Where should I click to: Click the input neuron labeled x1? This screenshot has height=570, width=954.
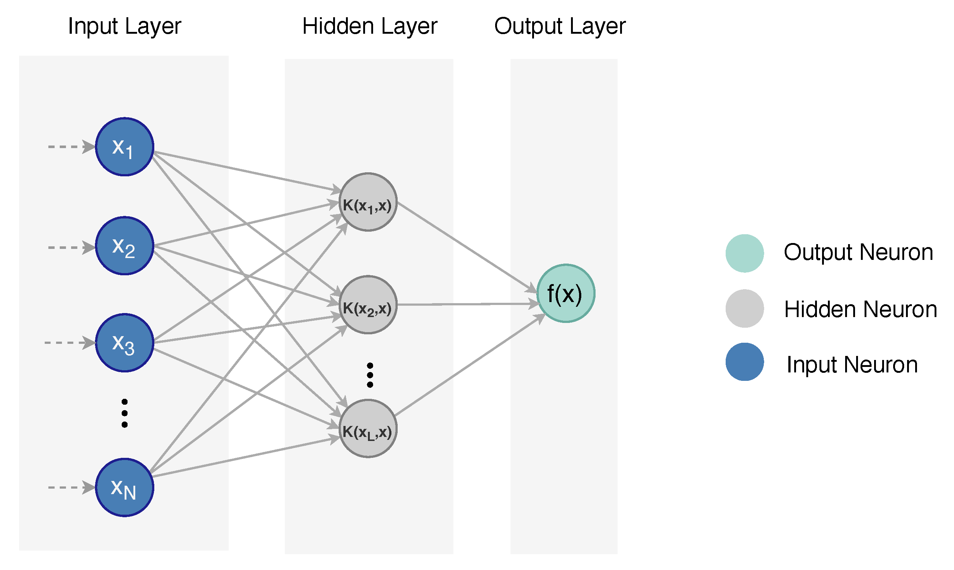125,147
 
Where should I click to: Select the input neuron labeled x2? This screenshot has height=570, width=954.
125,246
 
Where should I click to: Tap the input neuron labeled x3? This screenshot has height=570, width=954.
125,343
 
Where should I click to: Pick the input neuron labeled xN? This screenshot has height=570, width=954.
125,488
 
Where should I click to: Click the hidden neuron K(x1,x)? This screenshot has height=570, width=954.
368,202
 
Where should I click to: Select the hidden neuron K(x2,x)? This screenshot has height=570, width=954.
368,305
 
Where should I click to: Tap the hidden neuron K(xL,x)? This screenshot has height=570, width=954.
368,429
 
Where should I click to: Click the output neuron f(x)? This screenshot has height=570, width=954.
566,294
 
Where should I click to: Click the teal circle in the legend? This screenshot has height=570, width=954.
744,254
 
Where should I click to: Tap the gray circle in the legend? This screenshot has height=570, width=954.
744,308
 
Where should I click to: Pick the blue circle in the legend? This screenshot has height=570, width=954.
744,362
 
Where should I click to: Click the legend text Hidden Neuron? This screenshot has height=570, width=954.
860,309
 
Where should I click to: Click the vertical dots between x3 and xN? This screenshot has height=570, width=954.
125,413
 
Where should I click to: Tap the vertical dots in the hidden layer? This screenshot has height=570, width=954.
370,375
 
